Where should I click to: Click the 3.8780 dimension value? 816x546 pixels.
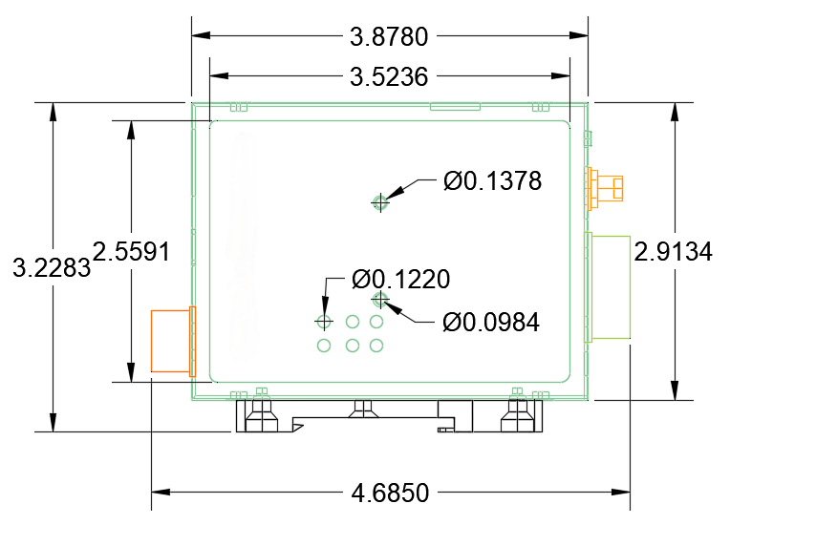point(389,37)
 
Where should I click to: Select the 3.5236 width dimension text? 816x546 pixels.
point(389,77)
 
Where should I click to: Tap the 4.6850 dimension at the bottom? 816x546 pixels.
point(390,493)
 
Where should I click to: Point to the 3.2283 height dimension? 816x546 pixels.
point(52,268)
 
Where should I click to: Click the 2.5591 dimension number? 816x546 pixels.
point(131,252)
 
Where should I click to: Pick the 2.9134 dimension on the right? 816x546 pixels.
point(674,252)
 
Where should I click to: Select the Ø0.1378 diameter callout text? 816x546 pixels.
point(492,181)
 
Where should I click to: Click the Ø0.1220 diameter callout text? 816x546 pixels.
point(400,280)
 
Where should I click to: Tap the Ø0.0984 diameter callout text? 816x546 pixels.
point(491,323)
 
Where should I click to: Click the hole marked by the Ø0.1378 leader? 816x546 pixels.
point(380,202)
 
